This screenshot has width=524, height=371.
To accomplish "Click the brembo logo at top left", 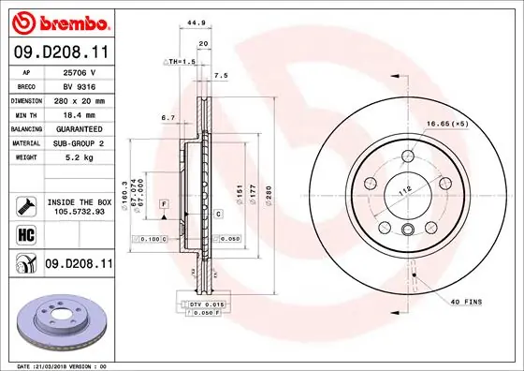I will (58, 21).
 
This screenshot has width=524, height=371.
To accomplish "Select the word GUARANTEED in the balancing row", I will (79, 127).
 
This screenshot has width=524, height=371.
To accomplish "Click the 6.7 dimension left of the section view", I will (168, 117).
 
